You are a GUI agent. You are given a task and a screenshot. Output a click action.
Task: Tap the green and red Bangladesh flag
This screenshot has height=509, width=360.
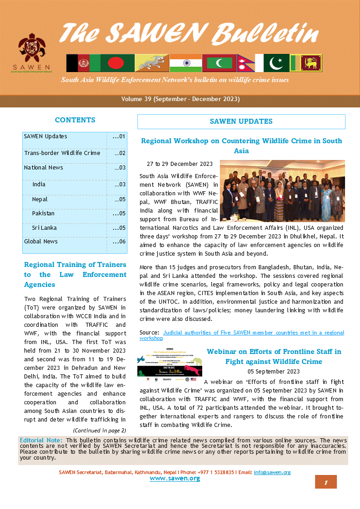[x=117, y=63]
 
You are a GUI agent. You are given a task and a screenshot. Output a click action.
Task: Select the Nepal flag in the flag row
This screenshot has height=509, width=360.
[x=245, y=63]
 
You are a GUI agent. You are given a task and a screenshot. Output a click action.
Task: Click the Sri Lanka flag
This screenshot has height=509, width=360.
[x=306, y=63]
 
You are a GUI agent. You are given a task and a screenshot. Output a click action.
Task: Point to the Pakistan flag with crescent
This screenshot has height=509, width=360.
[x=272, y=63]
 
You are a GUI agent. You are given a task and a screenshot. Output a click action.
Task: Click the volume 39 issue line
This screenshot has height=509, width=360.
[x=180, y=99]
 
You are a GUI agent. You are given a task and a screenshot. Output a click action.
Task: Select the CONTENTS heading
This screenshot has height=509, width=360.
[x=75, y=120]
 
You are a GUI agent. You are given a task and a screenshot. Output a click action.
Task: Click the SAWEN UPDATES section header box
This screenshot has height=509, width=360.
[x=241, y=121]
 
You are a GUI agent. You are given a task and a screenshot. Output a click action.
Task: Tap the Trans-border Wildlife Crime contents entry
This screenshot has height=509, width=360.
[x=62, y=153]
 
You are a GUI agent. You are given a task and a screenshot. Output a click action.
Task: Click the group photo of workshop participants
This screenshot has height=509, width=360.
[x=282, y=184]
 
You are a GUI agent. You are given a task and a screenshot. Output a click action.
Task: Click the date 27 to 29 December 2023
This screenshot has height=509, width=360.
[x=180, y=164]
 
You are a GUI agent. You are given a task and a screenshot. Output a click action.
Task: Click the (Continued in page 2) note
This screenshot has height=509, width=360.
[x=99, y=430]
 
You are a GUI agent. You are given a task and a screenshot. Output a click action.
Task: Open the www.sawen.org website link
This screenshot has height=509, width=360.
[x=175, y=479]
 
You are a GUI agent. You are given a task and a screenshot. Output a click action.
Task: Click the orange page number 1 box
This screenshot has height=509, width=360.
[x=326, y=482]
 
